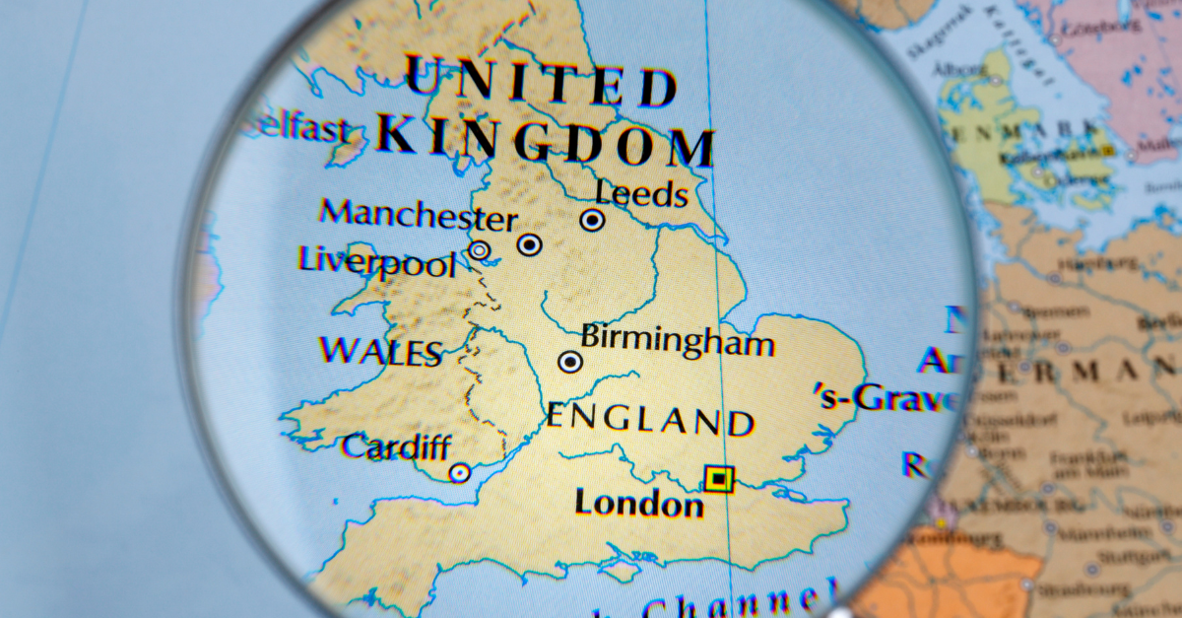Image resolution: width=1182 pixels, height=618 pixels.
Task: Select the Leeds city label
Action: point(642,193)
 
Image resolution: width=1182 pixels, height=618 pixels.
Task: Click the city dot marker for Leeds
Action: point(592,221)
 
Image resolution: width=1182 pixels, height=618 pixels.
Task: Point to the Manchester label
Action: point(419,214)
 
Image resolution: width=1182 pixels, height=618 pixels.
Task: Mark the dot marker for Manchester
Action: point(530,244)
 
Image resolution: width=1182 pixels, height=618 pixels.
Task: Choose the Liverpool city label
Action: point(377,262)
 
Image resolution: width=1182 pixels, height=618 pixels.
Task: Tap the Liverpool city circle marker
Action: point(479,250)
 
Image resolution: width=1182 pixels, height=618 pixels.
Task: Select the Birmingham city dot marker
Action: point(570,362)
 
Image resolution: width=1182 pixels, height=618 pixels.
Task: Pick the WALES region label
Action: point(380,352)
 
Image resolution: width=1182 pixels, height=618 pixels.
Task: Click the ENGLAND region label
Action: point(650,420)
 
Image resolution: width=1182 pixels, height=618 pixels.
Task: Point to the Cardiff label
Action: point(396,448)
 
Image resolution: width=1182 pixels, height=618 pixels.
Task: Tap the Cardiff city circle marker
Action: point(459,473)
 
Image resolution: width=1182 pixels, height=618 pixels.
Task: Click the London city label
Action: point(639,503)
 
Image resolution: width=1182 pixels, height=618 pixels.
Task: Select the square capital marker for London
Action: point(719,479)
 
